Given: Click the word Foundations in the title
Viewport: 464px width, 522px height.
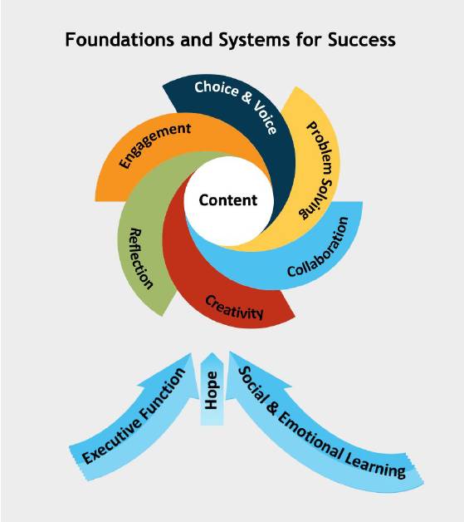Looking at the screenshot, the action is click(x=120, y=40).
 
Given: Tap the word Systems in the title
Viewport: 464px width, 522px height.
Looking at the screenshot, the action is click(x=254, y=40).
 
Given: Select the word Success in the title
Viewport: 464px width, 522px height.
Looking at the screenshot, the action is click(x=362, y=40).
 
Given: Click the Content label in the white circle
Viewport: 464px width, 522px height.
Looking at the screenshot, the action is click(x=228, y=200).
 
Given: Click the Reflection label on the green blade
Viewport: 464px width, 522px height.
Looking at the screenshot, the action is click(x=141, y=259).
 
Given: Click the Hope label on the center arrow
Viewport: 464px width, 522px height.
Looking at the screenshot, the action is click(x=212, y=390).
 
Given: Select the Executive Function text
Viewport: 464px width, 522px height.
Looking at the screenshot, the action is click(x=134, y=416).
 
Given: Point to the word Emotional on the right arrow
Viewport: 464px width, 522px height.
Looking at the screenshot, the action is click(x=310, y=435).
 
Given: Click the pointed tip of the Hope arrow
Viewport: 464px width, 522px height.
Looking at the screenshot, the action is click(x=212, y=352).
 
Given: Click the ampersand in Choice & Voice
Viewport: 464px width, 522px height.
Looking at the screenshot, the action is click(x=247, y=96).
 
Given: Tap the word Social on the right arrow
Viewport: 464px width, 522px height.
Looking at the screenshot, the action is click(x=254, y=384).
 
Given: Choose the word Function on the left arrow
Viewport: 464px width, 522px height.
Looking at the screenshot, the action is click(x=163, y=393).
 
